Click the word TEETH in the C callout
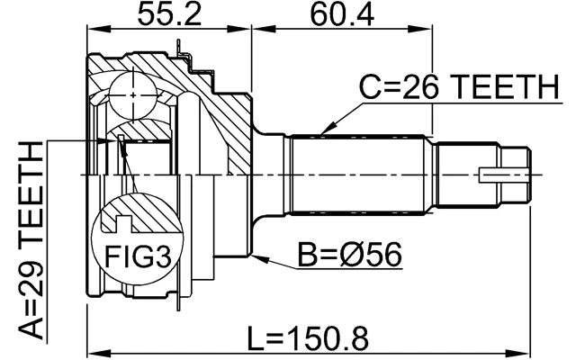508,88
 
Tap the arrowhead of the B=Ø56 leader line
259,257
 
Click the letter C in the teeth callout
370,88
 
